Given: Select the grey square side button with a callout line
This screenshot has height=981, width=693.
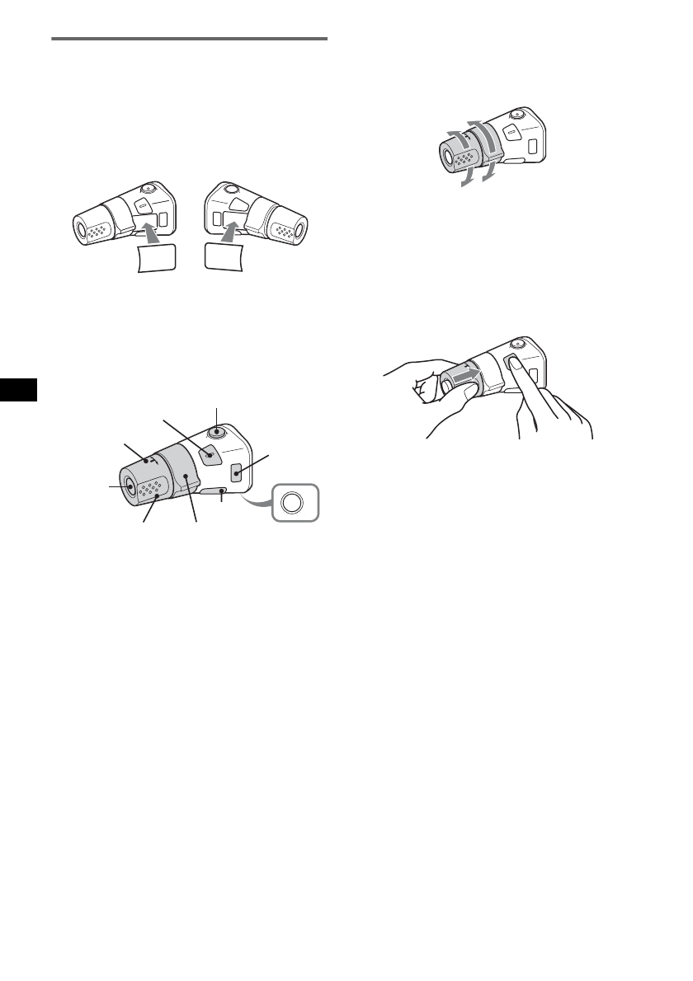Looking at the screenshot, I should (237, 474).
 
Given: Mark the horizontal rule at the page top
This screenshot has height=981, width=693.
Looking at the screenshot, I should (190, 38).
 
